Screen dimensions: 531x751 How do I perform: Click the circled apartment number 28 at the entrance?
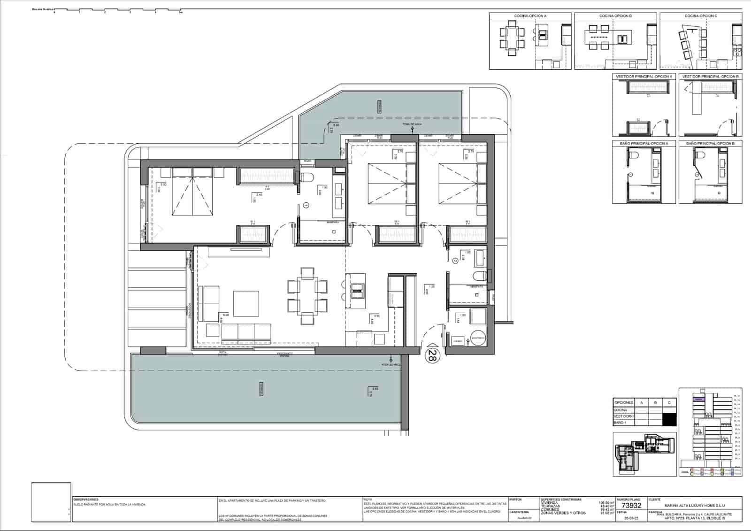tap(431, 356)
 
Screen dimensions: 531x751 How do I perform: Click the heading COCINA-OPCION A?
tap(530, 16)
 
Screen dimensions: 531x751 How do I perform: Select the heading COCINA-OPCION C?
tap(701, 16)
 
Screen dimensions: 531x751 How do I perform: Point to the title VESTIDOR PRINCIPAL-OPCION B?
tap(710, 76)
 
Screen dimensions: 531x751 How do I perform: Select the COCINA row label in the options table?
tap(620, 410)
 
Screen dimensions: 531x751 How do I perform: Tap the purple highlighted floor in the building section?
tap(699, 399)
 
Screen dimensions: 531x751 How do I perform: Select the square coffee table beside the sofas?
tap(246, 304)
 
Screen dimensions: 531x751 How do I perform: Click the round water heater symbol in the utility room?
tap(478, 338)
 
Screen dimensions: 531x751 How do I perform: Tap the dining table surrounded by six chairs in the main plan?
tap(307, 295)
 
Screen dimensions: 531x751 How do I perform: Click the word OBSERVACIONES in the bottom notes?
tap(86, 500)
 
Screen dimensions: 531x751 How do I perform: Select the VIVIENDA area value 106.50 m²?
tap(606, 502)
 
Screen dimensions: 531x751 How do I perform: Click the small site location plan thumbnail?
tap(644, 454)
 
